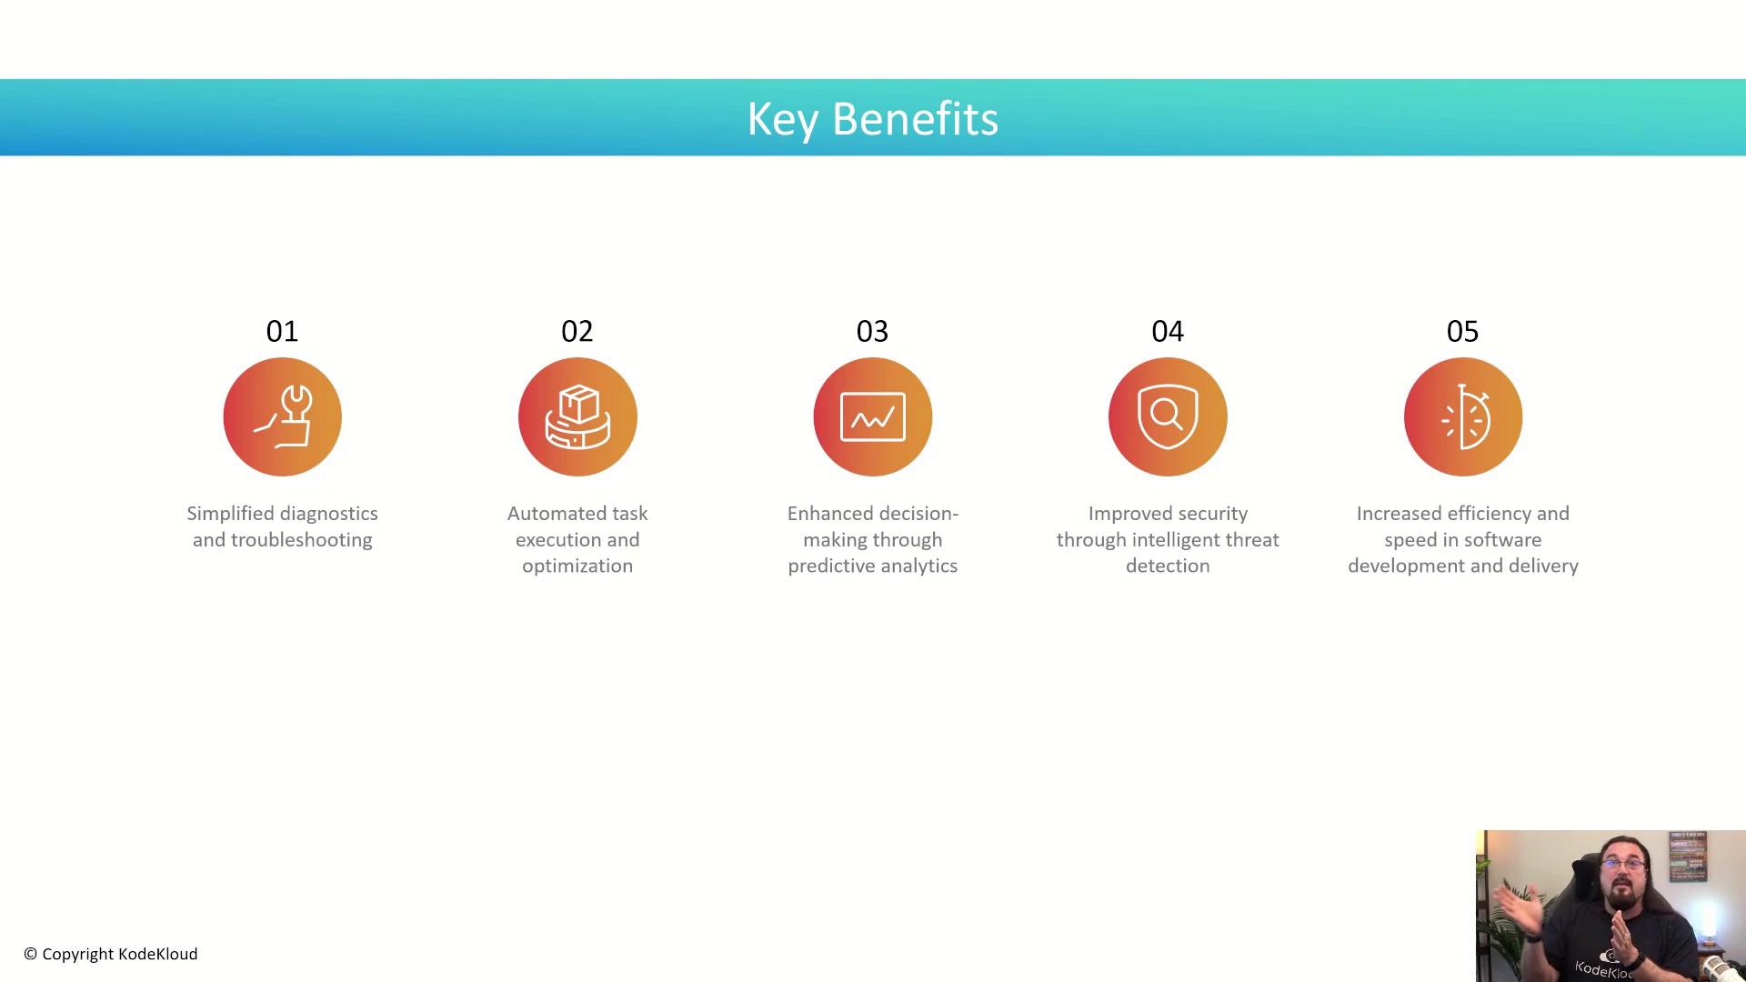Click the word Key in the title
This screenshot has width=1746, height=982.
[x=782, y=120]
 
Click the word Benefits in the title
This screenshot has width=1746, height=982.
[x=915, y=118]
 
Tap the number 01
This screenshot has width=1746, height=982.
[x=282, y=331]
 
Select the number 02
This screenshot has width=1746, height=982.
[x=577, y=331]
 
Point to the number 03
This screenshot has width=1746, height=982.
[x=872, y=331]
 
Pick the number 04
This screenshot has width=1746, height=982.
[x=1168, y=331]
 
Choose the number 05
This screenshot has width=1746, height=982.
[x=1462, y=331]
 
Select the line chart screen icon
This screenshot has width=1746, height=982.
[x=873, y=416]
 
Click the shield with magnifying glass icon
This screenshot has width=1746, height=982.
[x=1168, y=416]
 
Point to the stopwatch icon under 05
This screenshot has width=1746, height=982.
[x=1464, y=416]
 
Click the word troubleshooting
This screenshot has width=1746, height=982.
[x=301, y=540]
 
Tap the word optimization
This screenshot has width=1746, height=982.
[x=577, y=566]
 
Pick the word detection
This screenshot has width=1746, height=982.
[x=1168, y=566]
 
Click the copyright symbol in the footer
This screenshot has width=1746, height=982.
[x=31, y=954]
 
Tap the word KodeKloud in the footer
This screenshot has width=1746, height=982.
[x=157, y=954]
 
